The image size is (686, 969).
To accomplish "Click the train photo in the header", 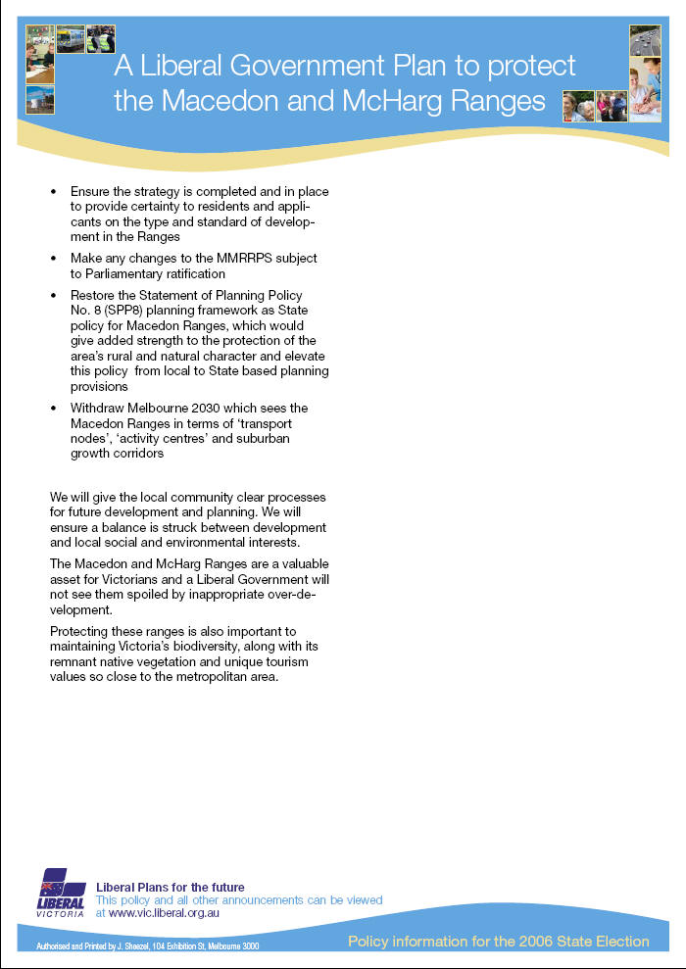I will (71, 38).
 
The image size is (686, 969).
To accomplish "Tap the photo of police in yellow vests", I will (101, 38).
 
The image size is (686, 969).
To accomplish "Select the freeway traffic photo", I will (644, 41).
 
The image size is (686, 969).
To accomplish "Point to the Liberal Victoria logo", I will (61, 892).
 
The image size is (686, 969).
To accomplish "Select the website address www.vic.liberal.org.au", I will (164, 912).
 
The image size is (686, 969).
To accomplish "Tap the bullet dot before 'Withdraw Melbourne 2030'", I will (54, 408).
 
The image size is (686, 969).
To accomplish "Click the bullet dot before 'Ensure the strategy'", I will (54, 191).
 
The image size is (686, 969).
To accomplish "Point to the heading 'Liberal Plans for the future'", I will (171, 887).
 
